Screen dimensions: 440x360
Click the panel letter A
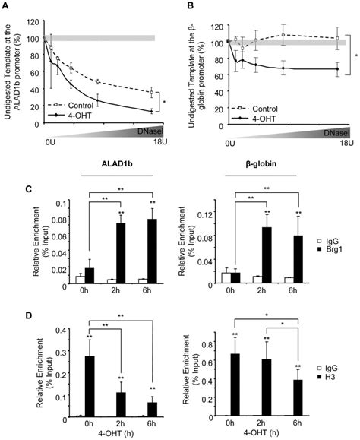point(7,5)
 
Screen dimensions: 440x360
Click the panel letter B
point(188,5)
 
